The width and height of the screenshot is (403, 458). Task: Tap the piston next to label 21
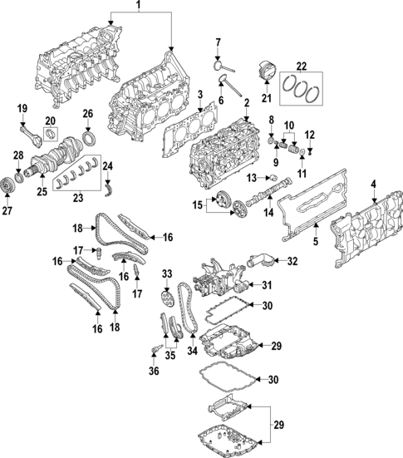click(267, 71)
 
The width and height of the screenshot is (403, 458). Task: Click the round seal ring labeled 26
click(87, 134)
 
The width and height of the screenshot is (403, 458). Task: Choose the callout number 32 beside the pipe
click(292, 261)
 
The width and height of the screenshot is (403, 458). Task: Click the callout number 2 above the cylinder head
click(246, 102)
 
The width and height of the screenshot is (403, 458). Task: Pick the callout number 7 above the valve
click(218, 42)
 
